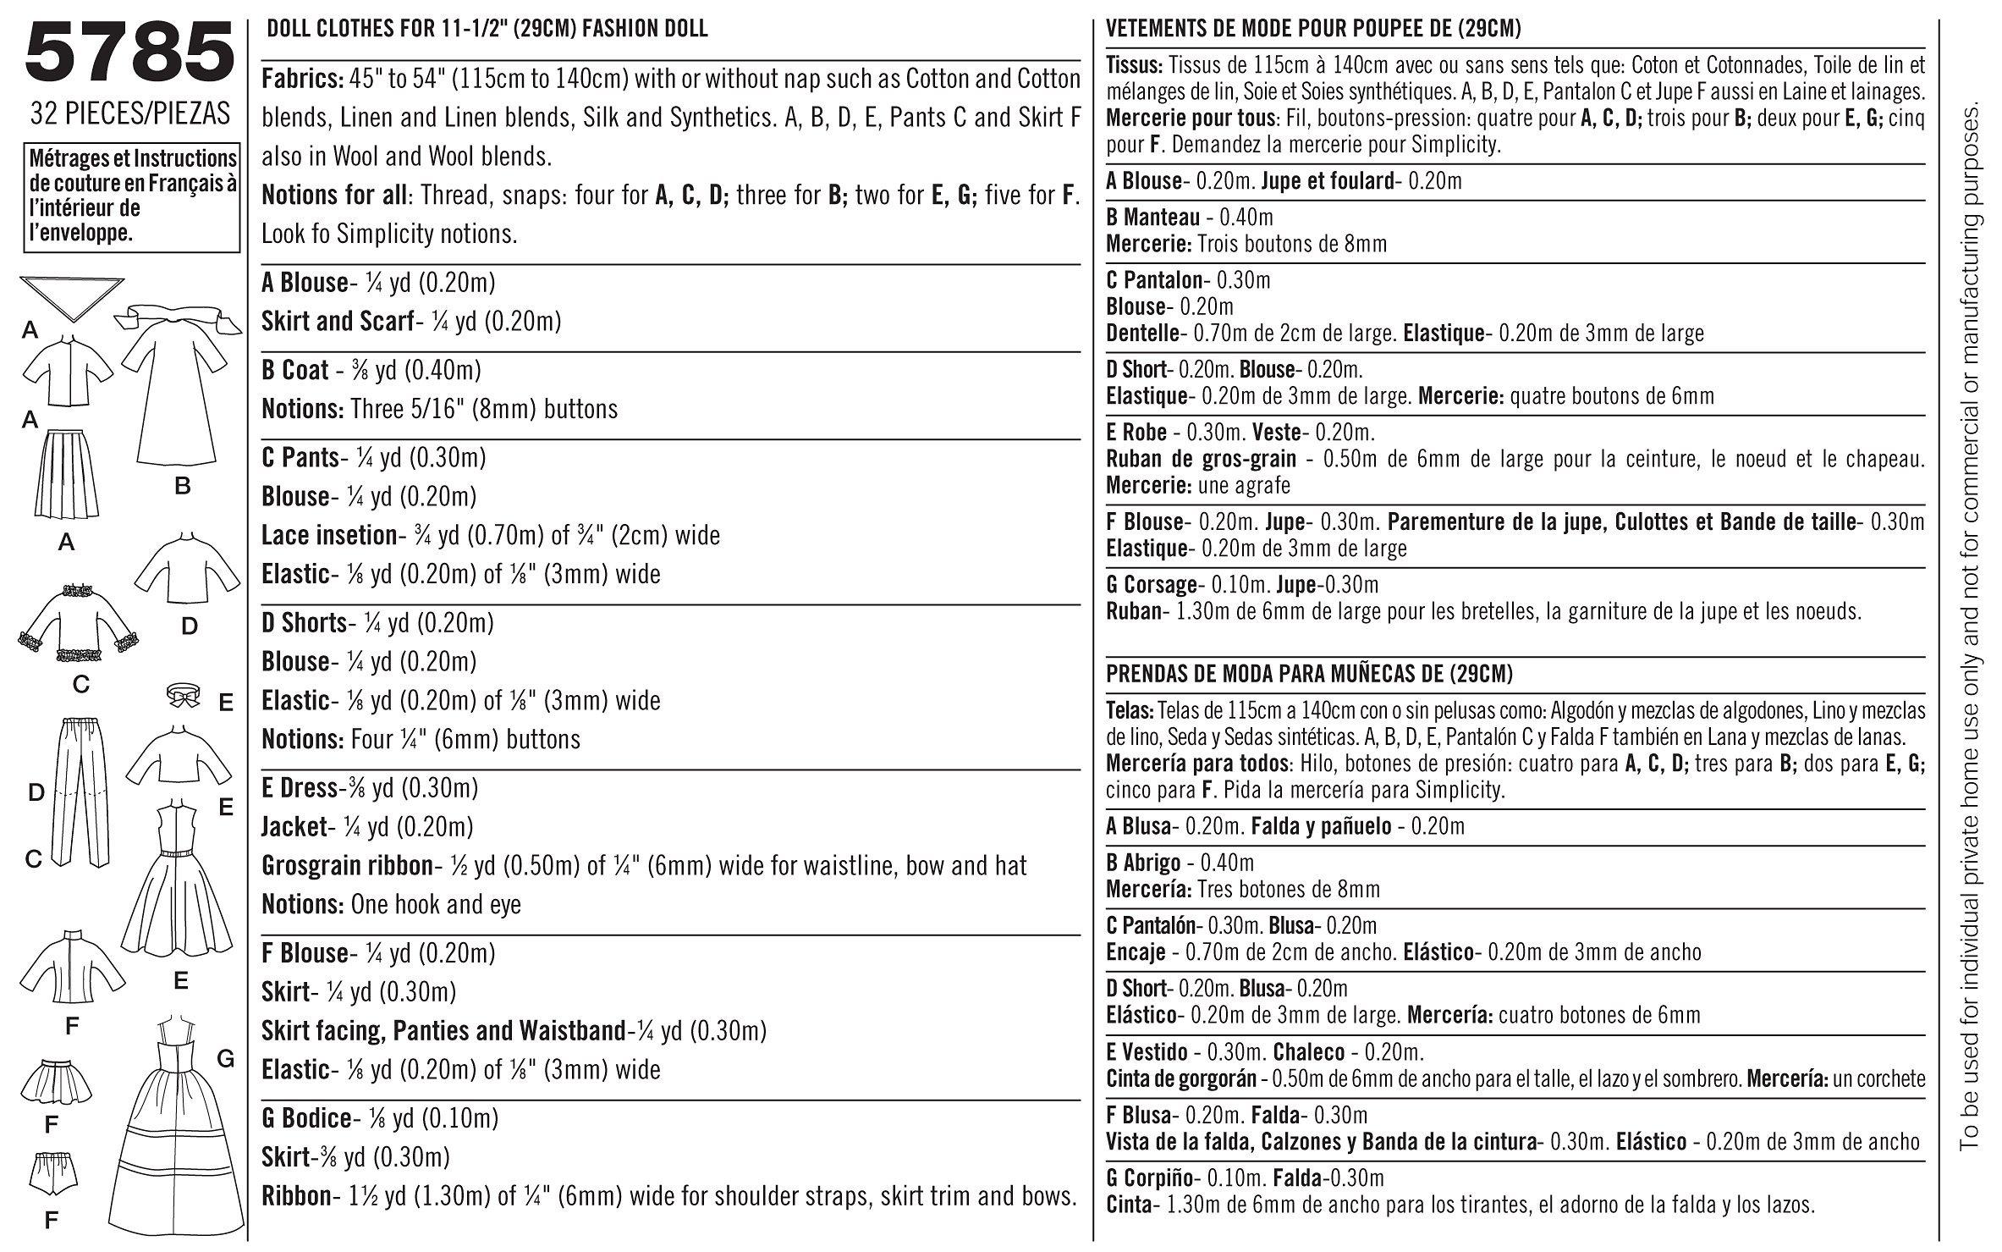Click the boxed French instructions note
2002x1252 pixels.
[x=131, y=196]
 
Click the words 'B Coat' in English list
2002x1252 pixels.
[x=294, y=371]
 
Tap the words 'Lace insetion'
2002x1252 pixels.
[x=328, y=535]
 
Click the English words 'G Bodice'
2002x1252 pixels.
[x=305, y=1118]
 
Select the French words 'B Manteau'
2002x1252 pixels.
[x=1152, y=218]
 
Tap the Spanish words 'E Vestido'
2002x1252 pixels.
[x=1147, y=1053]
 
